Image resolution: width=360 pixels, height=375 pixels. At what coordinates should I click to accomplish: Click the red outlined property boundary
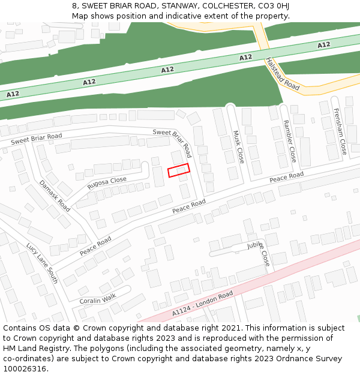(178, 170)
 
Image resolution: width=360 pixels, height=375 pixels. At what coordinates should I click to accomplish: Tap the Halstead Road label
(282, 74)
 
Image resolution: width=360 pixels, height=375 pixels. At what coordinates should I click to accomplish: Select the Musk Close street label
(238, 147)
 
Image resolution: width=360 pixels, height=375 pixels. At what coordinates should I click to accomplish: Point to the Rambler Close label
(289, 141)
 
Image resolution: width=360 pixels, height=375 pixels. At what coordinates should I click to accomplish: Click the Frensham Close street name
(340, 131)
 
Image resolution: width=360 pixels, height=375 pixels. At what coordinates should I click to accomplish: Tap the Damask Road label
(55, 196)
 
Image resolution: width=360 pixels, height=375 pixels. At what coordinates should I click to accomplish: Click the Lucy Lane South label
(42, 263)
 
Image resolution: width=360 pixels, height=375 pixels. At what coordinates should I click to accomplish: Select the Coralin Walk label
(97, 298)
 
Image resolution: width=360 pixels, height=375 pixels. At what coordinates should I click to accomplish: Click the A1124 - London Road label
(202, 304)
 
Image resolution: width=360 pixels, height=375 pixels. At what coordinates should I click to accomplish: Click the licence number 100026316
(25, 368)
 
